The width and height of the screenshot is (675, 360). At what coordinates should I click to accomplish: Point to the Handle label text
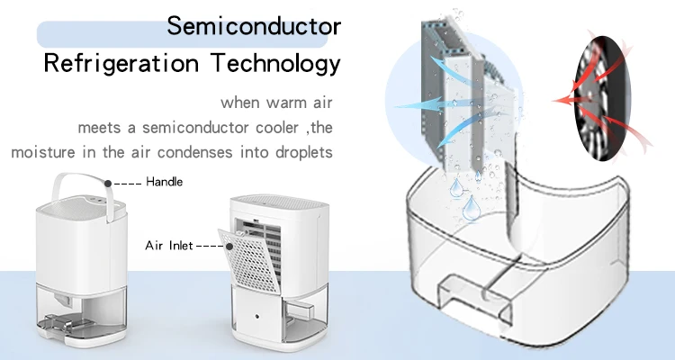pos(164,182)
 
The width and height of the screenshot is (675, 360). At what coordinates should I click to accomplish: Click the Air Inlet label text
pos(168,245)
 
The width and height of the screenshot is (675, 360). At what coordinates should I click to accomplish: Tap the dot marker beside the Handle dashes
pos(108,182)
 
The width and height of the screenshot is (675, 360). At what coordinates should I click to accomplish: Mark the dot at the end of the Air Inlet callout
pos(232,245)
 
